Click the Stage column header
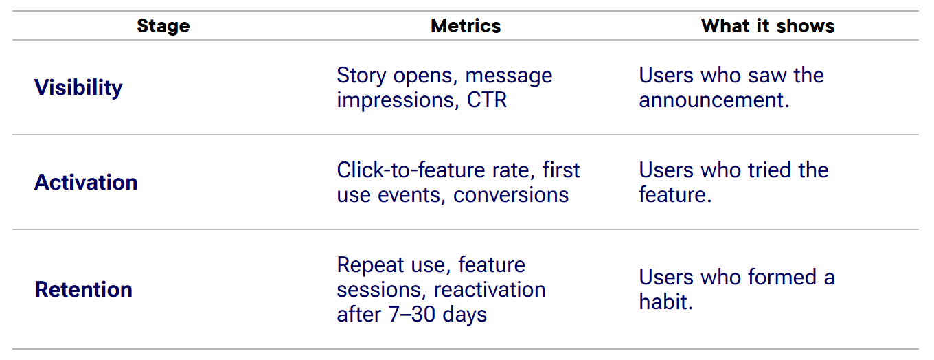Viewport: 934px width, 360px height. coord(163,26)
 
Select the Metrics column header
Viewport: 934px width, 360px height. coord(466,26)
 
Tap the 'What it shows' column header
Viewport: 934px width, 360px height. coord(768,26)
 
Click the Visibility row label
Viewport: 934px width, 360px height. coord(78,87)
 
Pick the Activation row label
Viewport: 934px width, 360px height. coord(86,182)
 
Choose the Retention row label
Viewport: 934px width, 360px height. coord(83,289)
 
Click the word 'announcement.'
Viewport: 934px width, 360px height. coord(714,100)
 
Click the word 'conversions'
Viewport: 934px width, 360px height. coord(511,195)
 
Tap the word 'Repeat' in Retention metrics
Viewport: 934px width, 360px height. coord(372,265)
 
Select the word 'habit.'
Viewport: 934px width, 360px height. coord(665,302)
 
